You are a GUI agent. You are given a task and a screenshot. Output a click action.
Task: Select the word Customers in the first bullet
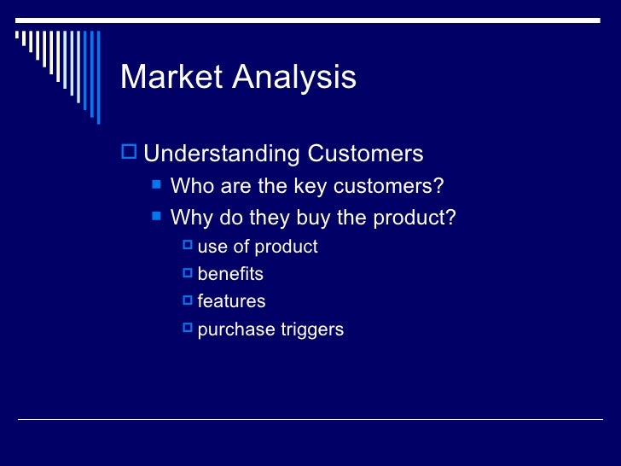365,154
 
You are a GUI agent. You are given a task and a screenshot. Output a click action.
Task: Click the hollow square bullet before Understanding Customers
129,154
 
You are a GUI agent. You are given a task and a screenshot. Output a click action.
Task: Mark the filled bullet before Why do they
156,217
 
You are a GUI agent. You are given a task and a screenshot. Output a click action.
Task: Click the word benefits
230,274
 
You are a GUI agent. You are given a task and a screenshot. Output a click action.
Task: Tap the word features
231,301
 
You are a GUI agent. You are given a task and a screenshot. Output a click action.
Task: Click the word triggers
312,329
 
